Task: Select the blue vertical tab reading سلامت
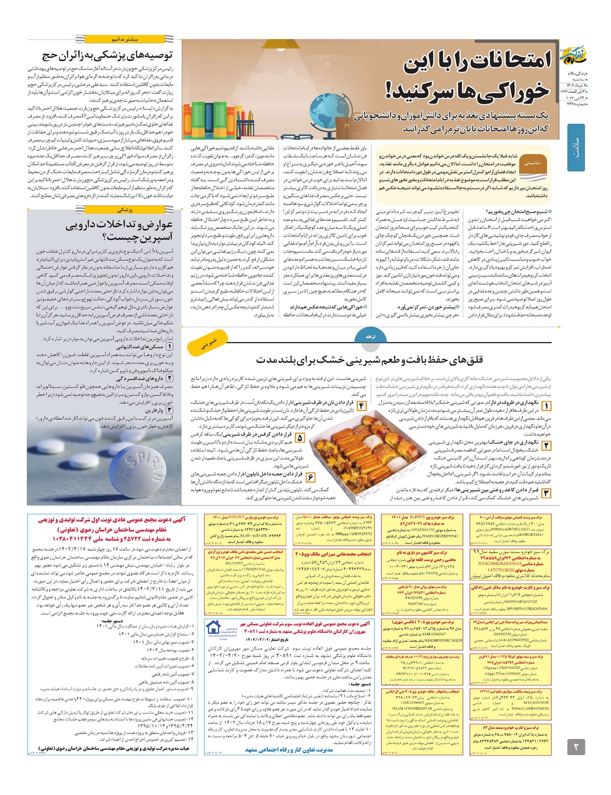576,148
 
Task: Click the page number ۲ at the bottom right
576,748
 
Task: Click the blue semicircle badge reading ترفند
370,337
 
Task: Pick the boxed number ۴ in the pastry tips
360,406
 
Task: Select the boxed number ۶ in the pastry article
310,477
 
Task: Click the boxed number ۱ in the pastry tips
546,406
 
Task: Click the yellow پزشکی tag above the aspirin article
125,209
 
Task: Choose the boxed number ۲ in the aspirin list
170,378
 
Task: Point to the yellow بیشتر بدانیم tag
125,39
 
